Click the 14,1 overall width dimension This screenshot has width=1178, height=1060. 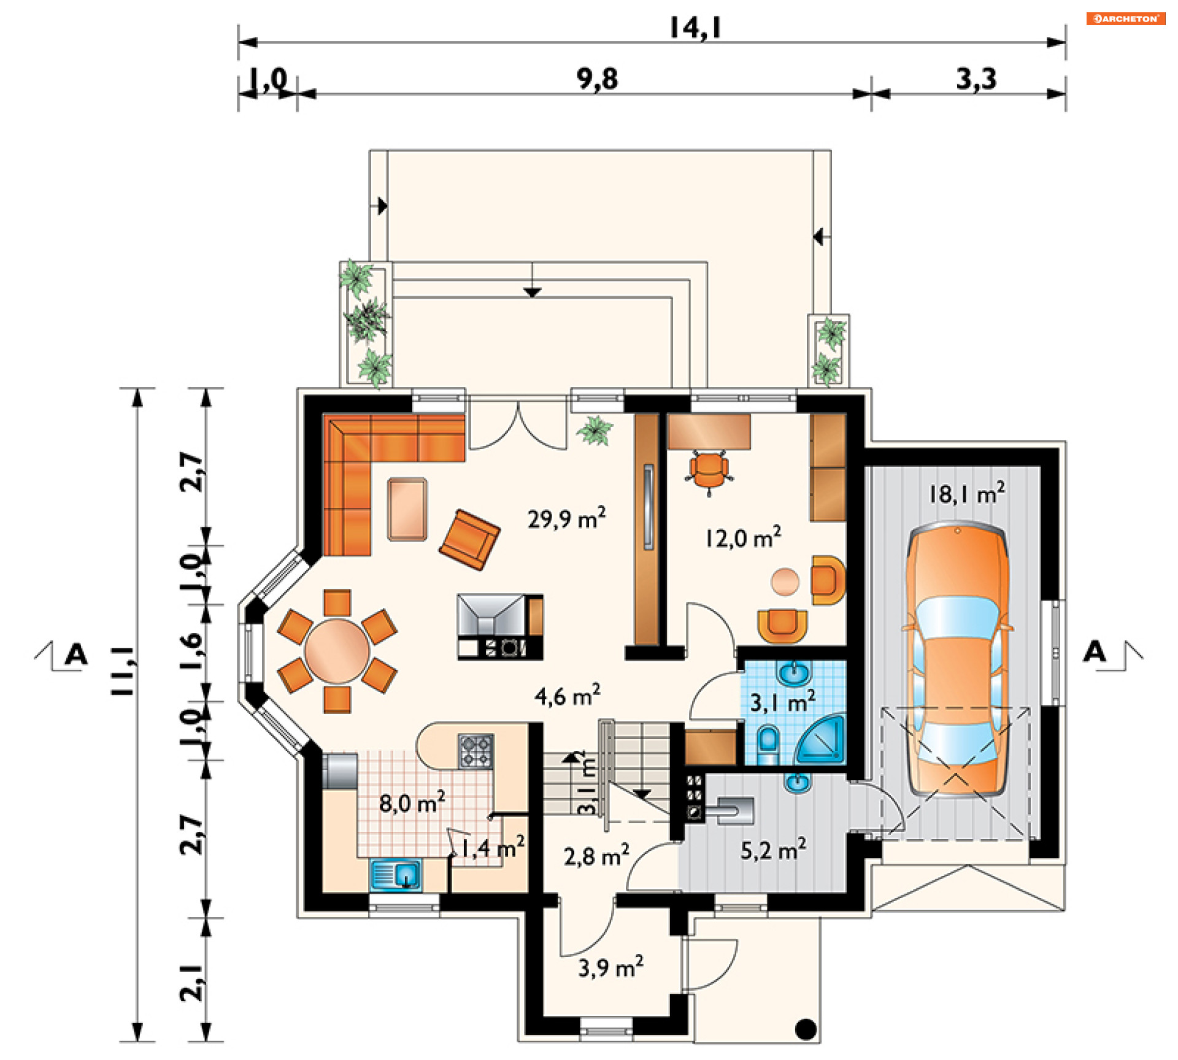695,28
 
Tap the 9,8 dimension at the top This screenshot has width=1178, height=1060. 597,79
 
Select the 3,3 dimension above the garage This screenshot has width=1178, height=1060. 976,79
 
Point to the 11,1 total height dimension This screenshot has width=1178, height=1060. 123,670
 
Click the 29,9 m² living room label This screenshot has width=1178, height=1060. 566,518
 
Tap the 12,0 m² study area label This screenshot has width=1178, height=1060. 743,537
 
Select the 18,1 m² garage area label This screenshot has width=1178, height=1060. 967,493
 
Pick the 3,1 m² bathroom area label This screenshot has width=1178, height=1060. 783,701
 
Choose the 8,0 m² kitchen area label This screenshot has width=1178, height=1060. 412,802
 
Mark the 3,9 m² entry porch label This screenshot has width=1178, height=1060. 610,967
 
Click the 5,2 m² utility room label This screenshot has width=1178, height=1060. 773,850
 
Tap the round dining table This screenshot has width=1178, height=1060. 337,651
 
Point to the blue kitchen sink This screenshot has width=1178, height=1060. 396,875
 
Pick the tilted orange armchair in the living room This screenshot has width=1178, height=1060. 469,540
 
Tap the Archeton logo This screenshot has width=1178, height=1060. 1126,18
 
